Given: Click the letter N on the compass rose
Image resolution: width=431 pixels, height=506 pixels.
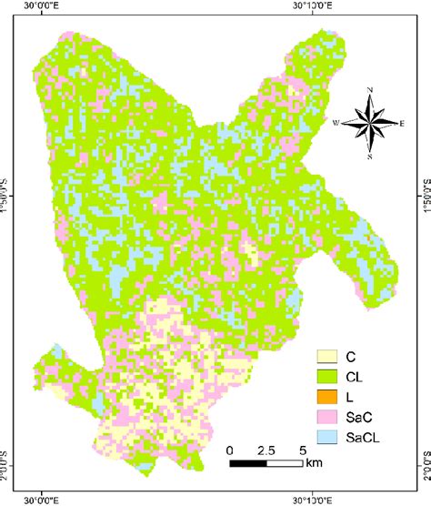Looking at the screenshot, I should click(370, 90).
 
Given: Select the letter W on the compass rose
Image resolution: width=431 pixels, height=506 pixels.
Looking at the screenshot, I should click(336, 122).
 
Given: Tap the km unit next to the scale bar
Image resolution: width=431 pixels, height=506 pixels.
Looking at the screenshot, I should click(314, 464).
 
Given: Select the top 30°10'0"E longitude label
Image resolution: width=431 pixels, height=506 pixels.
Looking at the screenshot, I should click(313, 6).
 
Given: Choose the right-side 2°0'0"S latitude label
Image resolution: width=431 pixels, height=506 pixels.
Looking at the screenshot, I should click(424, 450).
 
